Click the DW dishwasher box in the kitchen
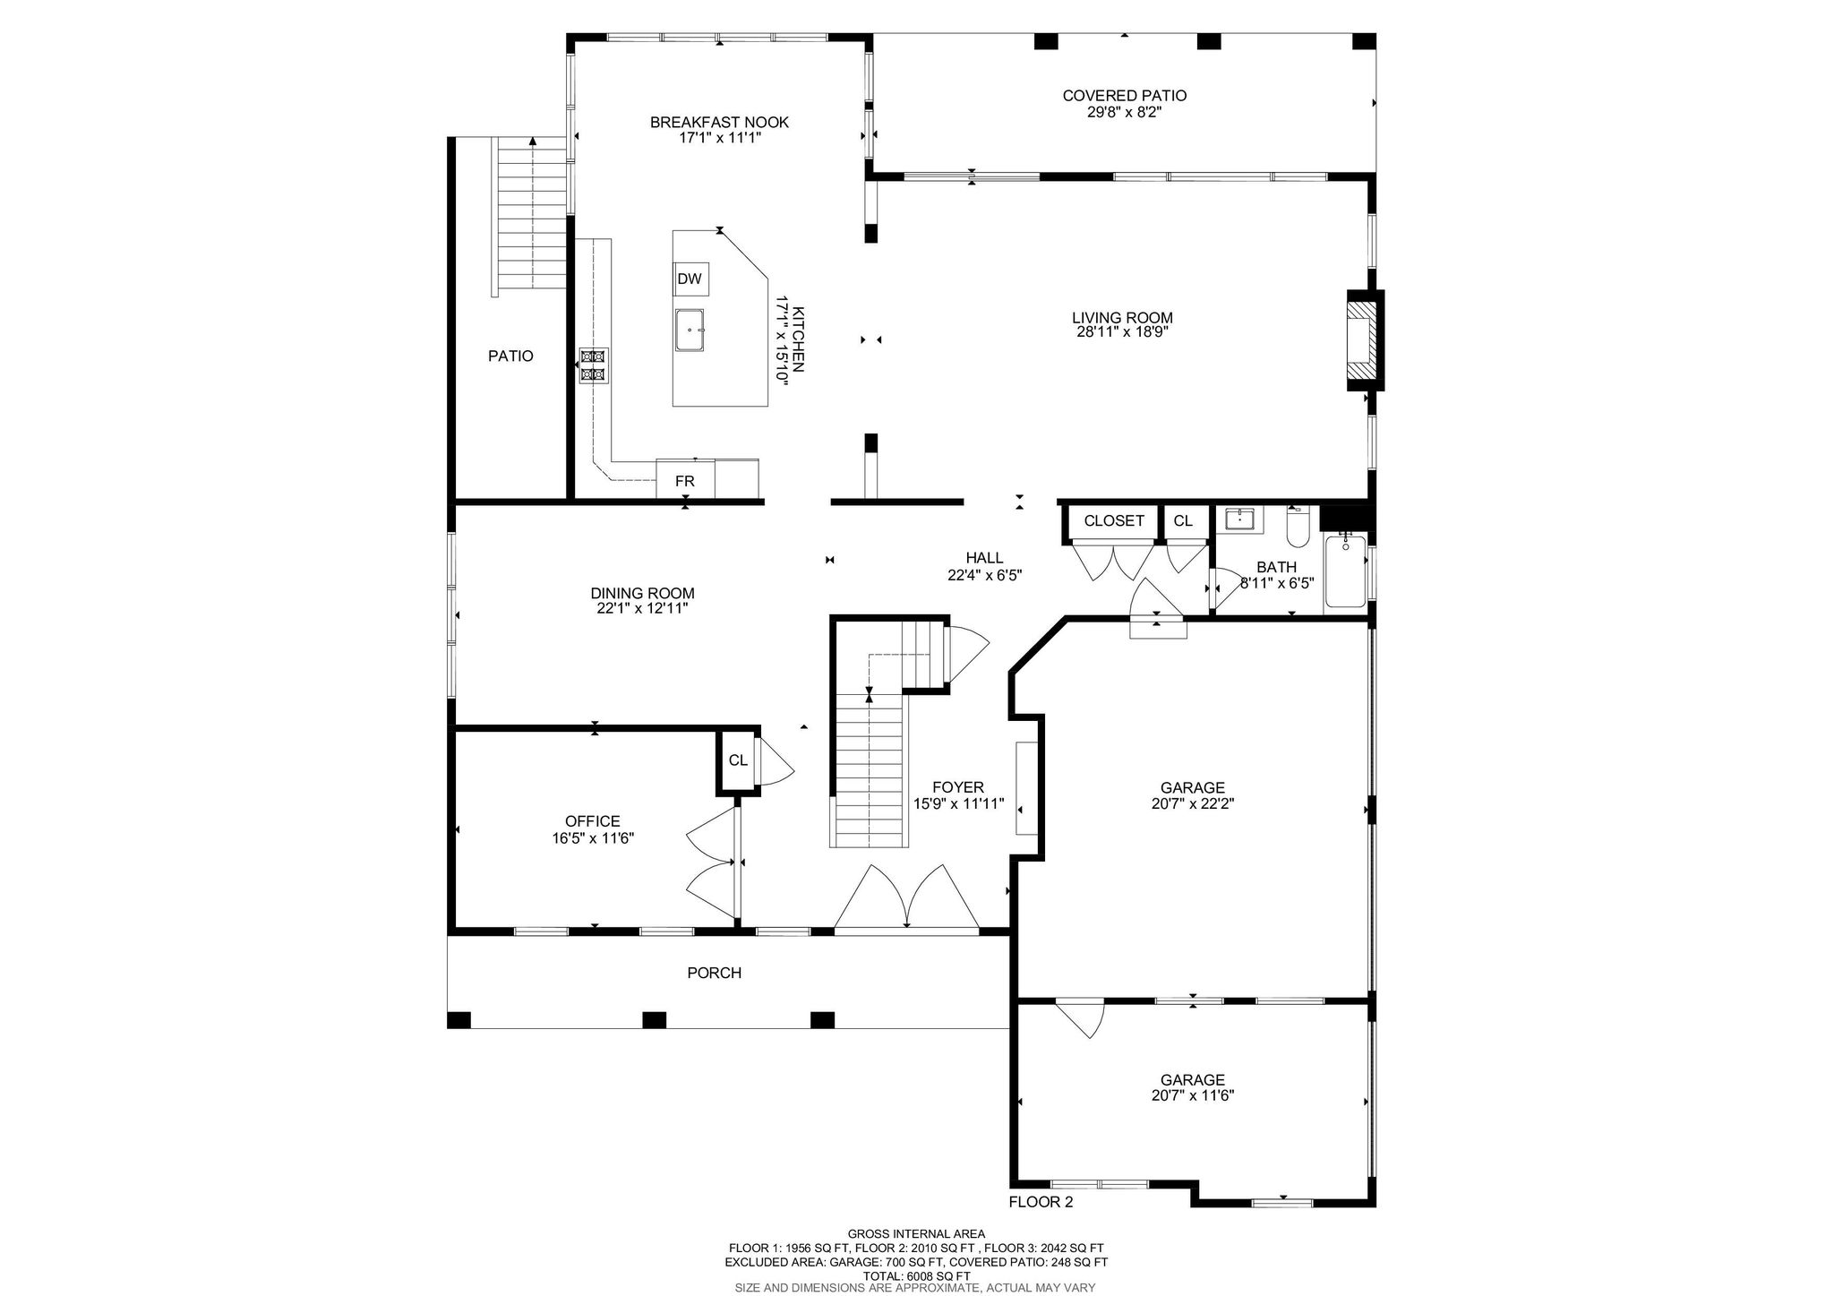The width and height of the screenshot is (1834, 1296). pyautogui.click(x=690, y=279)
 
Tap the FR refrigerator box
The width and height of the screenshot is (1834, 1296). pyautogui.click(x=685, y=480)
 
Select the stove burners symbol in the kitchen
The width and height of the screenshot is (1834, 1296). pyautogui.click(x=592, y=365)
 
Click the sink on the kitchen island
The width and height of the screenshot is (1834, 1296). pyautogui.click(x=690, y=330)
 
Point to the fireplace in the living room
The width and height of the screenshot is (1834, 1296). pyautogui.click(x=1363, y=340)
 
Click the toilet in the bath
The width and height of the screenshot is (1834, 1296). pyautogui.click(x=1298, y=528)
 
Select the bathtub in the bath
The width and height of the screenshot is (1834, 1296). pyautogui.click(x=1345, y=570)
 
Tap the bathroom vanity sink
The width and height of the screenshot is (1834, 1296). pyautogui.click(x=1239, y=520)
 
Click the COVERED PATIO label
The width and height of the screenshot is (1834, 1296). pyautogui.click(x=1125, y=96)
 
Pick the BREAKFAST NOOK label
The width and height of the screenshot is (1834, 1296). pyautogui.click(x=719, y=123)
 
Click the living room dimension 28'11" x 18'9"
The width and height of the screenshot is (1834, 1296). pyautogui.click(x=1122, y=331)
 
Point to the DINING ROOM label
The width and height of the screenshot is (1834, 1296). pyautogui.click(x=642, y=593)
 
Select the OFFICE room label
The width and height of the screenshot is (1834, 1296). pyautogui.click(x=592, y=821)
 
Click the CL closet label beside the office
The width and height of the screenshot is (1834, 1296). pyautogui.click(x=738, y=760)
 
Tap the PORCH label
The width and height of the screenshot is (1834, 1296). pyautogui.click(x=714, y=973)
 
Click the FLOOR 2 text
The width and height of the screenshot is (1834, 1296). pyautogui.click(x=1041, y=1202)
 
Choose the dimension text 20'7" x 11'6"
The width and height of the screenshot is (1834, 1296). pyautogui.click(x=1193, y=1094)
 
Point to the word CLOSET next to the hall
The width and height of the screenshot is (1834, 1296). pyautogui.click(x=1114, y=520)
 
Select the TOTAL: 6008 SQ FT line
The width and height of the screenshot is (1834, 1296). pyautogui.click(x=916, y=1276)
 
